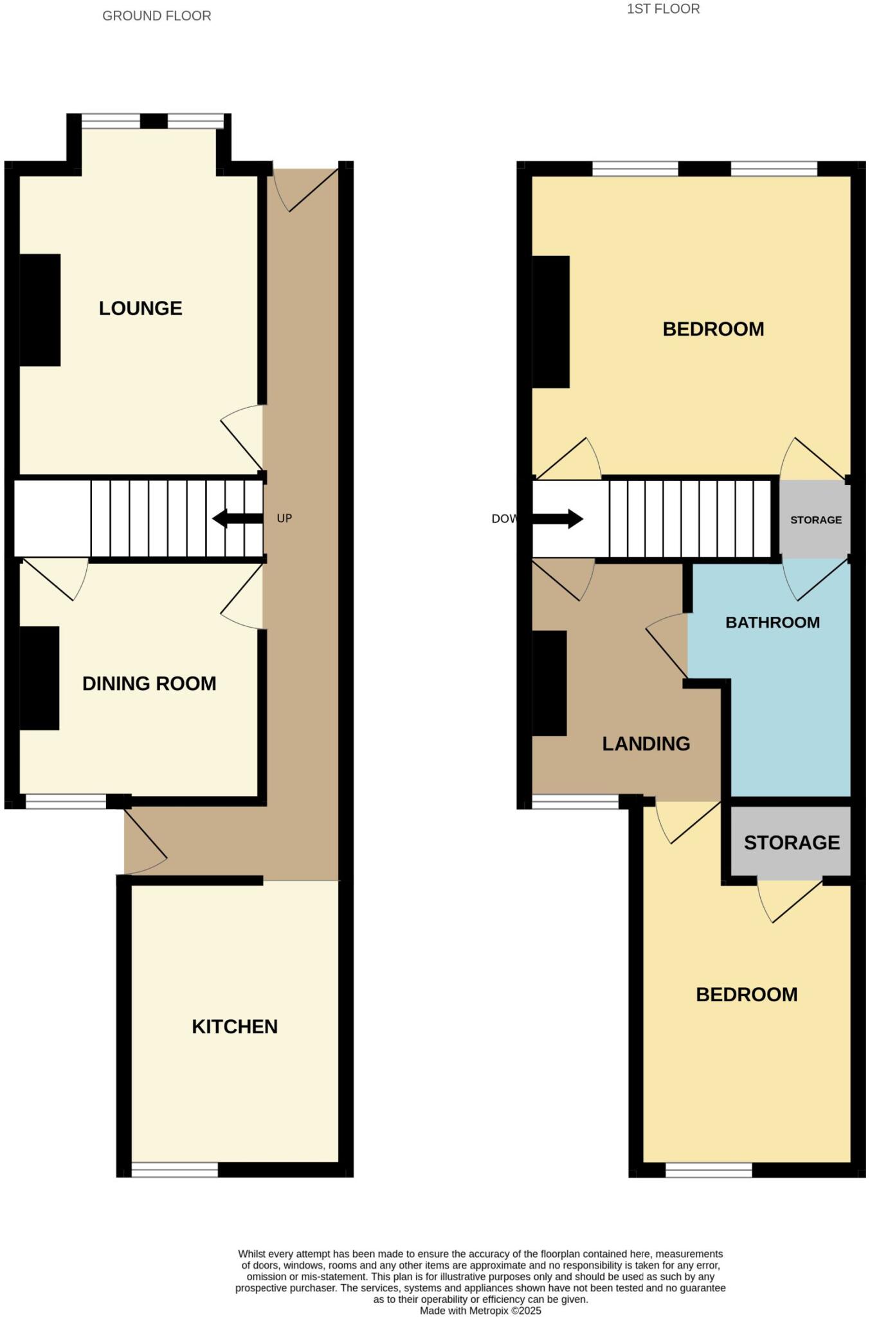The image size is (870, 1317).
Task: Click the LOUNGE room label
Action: coord(140,308)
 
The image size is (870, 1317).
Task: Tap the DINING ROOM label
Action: coord(149,683)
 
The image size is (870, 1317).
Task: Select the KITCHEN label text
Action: coord(235,1026)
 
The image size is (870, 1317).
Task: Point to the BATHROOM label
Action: coord(772,622)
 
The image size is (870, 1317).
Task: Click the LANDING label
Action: coord(646,743)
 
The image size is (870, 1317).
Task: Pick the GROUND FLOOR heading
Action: coord(157,16)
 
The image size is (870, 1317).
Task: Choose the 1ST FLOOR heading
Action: coord(663,9)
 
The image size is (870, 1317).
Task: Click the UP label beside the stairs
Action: coord(284,518)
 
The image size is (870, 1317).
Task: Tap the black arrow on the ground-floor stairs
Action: coord(237,518)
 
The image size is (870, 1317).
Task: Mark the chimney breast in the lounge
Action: coord(40,310)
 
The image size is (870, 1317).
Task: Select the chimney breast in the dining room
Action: coord(39,678)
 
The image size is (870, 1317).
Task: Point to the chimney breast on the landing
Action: coord(550,683)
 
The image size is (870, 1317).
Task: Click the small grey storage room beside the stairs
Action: coord(815,520)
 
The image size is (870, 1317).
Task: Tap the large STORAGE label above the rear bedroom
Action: coord(792,842)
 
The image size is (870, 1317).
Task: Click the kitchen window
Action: coord(175,1169)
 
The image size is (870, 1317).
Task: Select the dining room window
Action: coord(66,801)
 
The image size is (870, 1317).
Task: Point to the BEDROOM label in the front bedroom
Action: coord(713,329)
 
